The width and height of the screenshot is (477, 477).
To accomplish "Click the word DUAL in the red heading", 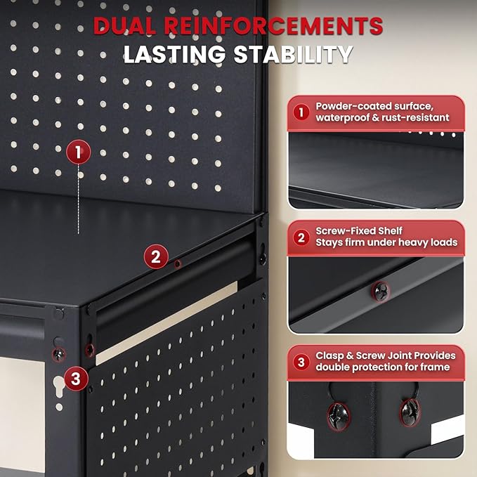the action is pyautogui.click(x=124, y=25).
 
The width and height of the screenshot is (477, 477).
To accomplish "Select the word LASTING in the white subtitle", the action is pyautogui.click(x=175, y=55).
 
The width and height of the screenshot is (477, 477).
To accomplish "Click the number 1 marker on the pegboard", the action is pyautogui.click(x=79, y=152).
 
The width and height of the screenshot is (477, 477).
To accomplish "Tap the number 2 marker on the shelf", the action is pyautogui.click(x=156, y=257).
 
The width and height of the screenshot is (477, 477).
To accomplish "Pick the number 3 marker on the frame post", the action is pyautogui.click(x=76, y=379).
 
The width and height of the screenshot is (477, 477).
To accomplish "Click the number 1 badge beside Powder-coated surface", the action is pyautogui.click(x=301, y=112).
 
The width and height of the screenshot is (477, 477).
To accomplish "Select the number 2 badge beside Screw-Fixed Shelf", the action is pyautogui.click(x=301, y=237).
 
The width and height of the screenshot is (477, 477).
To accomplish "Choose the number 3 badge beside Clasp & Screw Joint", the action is pyautogui.click(x=301, y=362).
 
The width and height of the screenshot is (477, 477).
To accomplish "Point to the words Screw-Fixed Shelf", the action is pyautogui.click(x=359, y=231).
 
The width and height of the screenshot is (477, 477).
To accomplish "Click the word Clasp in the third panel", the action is pyautogui.click(x=329, y=356).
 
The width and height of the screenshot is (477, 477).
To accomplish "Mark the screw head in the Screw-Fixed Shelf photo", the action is pyautogui.click(x=381, y=292).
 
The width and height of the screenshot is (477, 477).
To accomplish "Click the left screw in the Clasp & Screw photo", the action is pyautogui.click(x=338, y=415).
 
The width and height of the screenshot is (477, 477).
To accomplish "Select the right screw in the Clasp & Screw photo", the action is pyautogui.click(x=410, y=412).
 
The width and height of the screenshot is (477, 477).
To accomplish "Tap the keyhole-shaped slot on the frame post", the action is pyautogui.click(x=59, y=386).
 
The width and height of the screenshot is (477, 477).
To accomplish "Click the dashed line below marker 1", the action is pyautogui.click(x=79, y=200).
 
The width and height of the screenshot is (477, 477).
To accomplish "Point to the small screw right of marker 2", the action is pyautogui.click(x=178, y=263).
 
